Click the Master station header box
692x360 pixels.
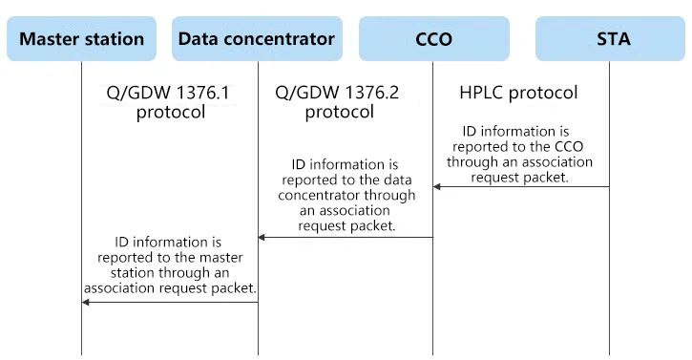tap(82, 39)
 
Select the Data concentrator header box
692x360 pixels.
tap(257, 39)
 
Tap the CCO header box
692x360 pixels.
tap(434, 39)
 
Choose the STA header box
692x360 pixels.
tap(610, 39)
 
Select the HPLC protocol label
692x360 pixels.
tap(518, 93)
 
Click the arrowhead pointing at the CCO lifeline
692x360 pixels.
tap(437, 187)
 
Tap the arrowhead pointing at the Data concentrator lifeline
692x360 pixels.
tap(262, 238)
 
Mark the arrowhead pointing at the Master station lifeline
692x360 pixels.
tap(86, 302)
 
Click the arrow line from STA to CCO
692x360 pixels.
tap(521, 187)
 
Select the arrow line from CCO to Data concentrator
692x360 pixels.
tap(346, 238)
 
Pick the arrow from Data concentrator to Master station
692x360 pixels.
tap(170, 302)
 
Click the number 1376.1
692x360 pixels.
tap(202, 93)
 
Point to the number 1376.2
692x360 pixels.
tap(371, 93)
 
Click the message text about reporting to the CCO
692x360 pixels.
tap(519, 154)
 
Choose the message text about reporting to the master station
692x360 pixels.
tap(170, 265)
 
